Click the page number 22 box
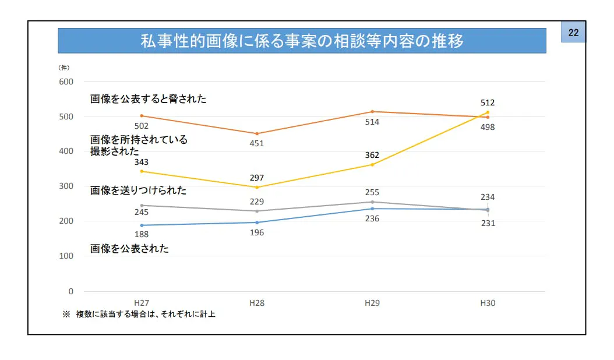pyautogui.click(x=573, y=33)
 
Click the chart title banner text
pyautogui.click(x=302, y=41)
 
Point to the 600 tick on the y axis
pyautogui.click(x=66, y=82)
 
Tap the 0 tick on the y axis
pyautogui.click(x=70, y=291)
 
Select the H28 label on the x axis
pyautogui.click(x=257, y=303)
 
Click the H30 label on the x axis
pyautogui.click(x=488, y=303)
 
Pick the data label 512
pyautogui.click(x=488, y=103)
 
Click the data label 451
pyautogui.click(x=256, y=143)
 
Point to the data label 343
pyautogui.click(x=142, y=161)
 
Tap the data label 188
pyautogui.click(x=142, y=235)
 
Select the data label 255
pyautogui.click(x=372, y=192)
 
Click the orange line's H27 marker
pyautogui.click(x=142, y=116)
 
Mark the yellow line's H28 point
pyautogui.click(x=257, y=187)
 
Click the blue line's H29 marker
pyautogui.click(x=372, y=209)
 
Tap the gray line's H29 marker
pyautogui.click(x=372, y=202)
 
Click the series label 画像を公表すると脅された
pyautogui.click(x=148, y=99)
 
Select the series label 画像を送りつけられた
pyautogui.click(x=138, y=190)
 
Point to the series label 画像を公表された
pyautogui.click(x=129, y=249)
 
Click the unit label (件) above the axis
pyautogui.click(x=64, y=68)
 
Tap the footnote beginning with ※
pyautogui.click(x=139, y=315)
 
